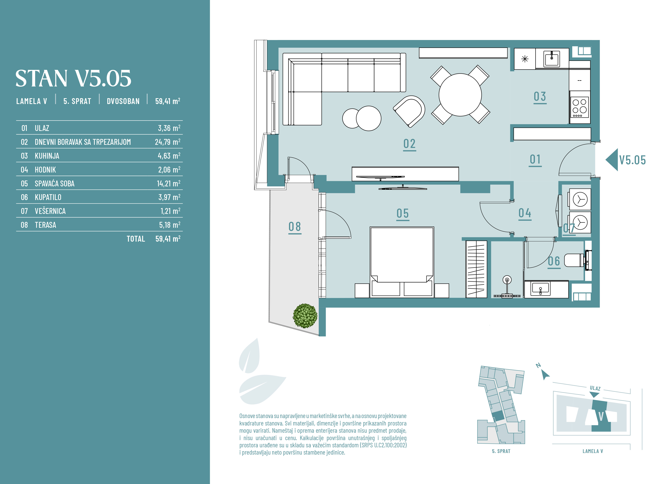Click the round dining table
tap(460, 95)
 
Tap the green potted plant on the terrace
tap(305, 316)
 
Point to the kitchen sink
tap(552, 59)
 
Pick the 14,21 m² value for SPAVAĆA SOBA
tap(168, 183)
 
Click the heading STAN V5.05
tap(73, 78)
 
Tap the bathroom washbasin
tap(541, 289)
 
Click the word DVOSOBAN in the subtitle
tap(123, 101)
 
